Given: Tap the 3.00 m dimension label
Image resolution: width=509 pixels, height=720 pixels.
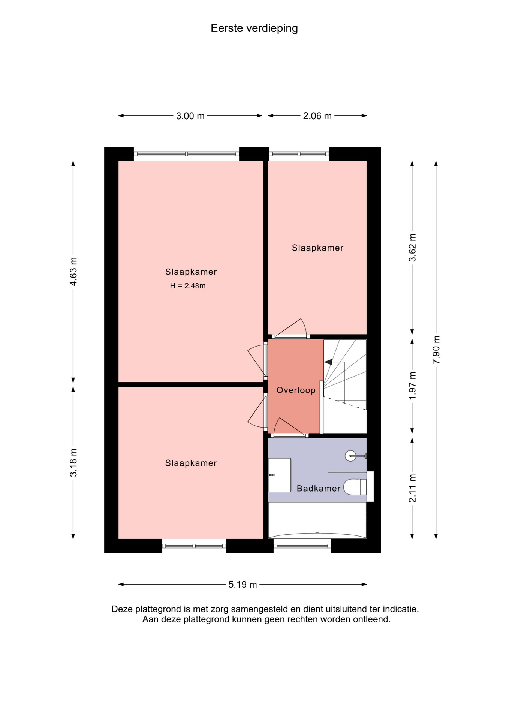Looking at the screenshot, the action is (190, 116).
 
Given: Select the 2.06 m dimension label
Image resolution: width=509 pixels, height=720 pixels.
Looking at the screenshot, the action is (317, 116).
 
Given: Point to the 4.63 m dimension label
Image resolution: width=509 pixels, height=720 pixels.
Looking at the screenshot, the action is (73, 271).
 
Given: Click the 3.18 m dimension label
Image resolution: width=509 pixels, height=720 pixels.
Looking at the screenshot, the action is (73, 462).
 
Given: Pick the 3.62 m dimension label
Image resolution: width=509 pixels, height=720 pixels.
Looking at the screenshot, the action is (412, 247).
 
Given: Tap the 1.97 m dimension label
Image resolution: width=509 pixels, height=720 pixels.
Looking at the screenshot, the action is (412, 385).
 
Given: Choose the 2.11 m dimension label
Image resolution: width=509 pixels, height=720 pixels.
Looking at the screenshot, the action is (412, 488).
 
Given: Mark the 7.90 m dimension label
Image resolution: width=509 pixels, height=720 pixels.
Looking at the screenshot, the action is (436, 349).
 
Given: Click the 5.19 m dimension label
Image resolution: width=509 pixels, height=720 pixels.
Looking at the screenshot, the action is (243, 584).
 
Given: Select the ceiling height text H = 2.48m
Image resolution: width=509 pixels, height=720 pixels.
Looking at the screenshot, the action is (188, 286).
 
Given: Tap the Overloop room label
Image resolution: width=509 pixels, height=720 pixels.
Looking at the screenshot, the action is (296, 390).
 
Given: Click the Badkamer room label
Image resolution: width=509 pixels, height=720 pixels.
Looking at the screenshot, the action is (319, 488).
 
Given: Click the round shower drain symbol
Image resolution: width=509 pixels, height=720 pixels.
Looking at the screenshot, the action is (350, 456).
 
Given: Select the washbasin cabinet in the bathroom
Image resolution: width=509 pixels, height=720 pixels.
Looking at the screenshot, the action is (280, 475).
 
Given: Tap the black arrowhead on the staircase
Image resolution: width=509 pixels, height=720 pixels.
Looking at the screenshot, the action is (329, 362).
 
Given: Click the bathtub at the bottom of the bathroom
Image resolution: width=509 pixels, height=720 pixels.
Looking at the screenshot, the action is (317, 520).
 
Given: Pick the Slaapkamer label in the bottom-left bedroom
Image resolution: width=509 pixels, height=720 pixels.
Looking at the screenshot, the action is (191, 463).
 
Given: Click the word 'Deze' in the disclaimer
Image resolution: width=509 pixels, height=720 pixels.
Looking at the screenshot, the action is (122, 609).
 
